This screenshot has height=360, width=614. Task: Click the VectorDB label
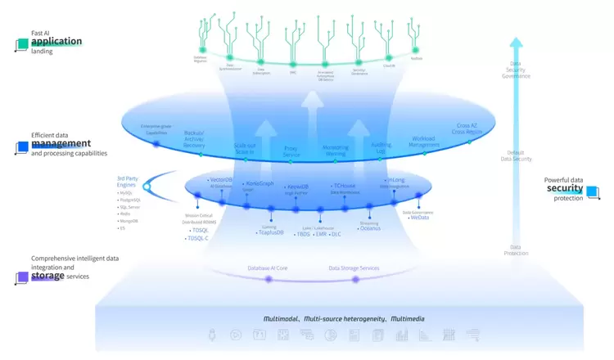(x=222, y=179)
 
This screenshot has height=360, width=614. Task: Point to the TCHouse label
(x=344, y=186)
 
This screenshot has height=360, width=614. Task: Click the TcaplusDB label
(x=271, y=233)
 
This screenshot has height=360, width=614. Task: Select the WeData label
(x=420, y=218)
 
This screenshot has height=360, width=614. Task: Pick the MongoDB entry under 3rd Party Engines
(x=127, y=222)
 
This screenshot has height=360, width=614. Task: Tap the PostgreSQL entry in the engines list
(x=129, y=200)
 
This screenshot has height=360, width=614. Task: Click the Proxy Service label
(x=291, y=151)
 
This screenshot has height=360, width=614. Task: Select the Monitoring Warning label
(x=335, y=151)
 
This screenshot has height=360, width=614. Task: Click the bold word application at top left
(x=56, y=41)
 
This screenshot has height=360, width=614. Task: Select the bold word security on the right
(x=565, y=188)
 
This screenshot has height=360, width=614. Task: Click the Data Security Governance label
(x=515, y=71)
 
